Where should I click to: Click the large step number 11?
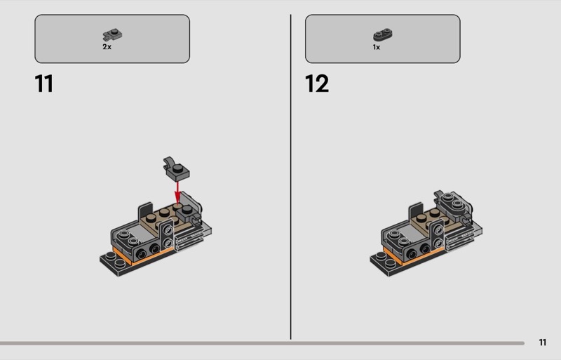[x=44, y=84]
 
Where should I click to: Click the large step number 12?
[x=317, y=84]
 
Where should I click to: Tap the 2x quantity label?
[x=107, y=47]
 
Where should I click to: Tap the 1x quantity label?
[x=377, y=47]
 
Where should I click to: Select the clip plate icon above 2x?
[x=112, y=35]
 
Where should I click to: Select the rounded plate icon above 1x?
[x=383, y=35]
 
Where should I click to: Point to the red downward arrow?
[x=177, y=192]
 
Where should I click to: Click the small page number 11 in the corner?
[x=542, y=342]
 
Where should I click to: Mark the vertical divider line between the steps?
[x=290, y=177]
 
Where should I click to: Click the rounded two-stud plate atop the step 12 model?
[x=454, y=203]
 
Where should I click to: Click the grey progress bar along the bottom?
[x=262, y=343]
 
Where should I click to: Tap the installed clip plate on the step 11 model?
[x=188, y=214]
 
